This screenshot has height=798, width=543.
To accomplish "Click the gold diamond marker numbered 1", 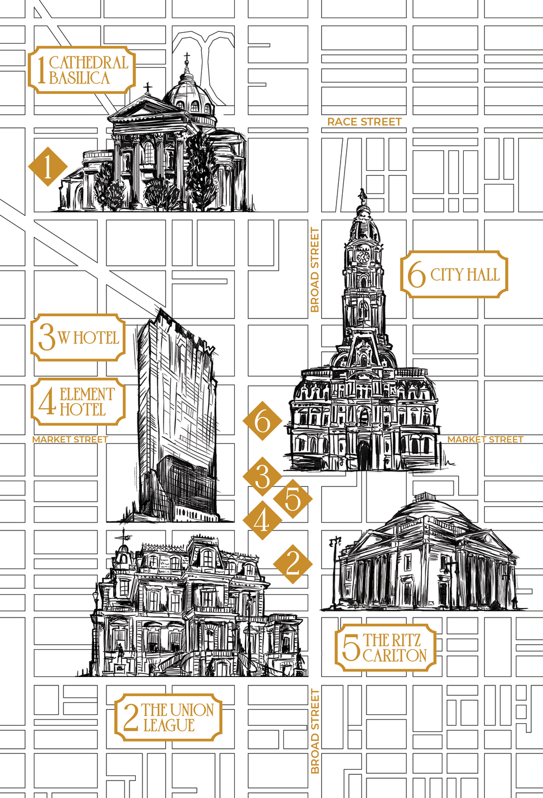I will (48, 167).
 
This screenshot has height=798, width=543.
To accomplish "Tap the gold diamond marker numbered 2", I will (292, 563).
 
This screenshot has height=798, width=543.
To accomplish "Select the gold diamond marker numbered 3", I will (262, 476).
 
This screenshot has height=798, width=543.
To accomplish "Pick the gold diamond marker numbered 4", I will (262, 520).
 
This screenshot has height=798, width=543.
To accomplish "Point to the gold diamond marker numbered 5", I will (292, 499).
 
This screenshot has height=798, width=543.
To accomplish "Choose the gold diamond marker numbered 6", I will (262, 421).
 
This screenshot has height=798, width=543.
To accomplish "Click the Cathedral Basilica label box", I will (82, 70).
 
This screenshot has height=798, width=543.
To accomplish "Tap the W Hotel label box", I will (78, 338).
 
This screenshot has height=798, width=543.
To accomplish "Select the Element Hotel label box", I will (78, 402).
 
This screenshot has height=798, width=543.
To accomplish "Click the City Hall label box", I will (454, 275).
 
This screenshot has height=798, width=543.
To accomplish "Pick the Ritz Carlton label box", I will (386, 648).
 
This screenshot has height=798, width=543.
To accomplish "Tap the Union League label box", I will (168, 717).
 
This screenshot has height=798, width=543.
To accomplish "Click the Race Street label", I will (364, 122).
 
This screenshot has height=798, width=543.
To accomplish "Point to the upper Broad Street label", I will (315, 270).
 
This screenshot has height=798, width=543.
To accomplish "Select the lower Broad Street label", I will (315, 731).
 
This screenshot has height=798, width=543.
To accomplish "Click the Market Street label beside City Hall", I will (485, 439).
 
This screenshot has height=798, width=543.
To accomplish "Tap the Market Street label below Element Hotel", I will (70, 439).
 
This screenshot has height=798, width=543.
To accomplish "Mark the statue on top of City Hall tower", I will (362, 196).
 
